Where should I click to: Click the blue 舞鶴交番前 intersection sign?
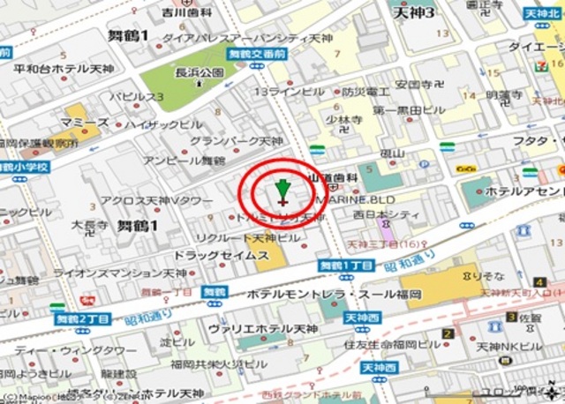click(x=255, y=54)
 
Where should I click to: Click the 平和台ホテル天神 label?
click(x=64, y=68)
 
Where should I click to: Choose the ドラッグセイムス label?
click(x=222, y=255)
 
